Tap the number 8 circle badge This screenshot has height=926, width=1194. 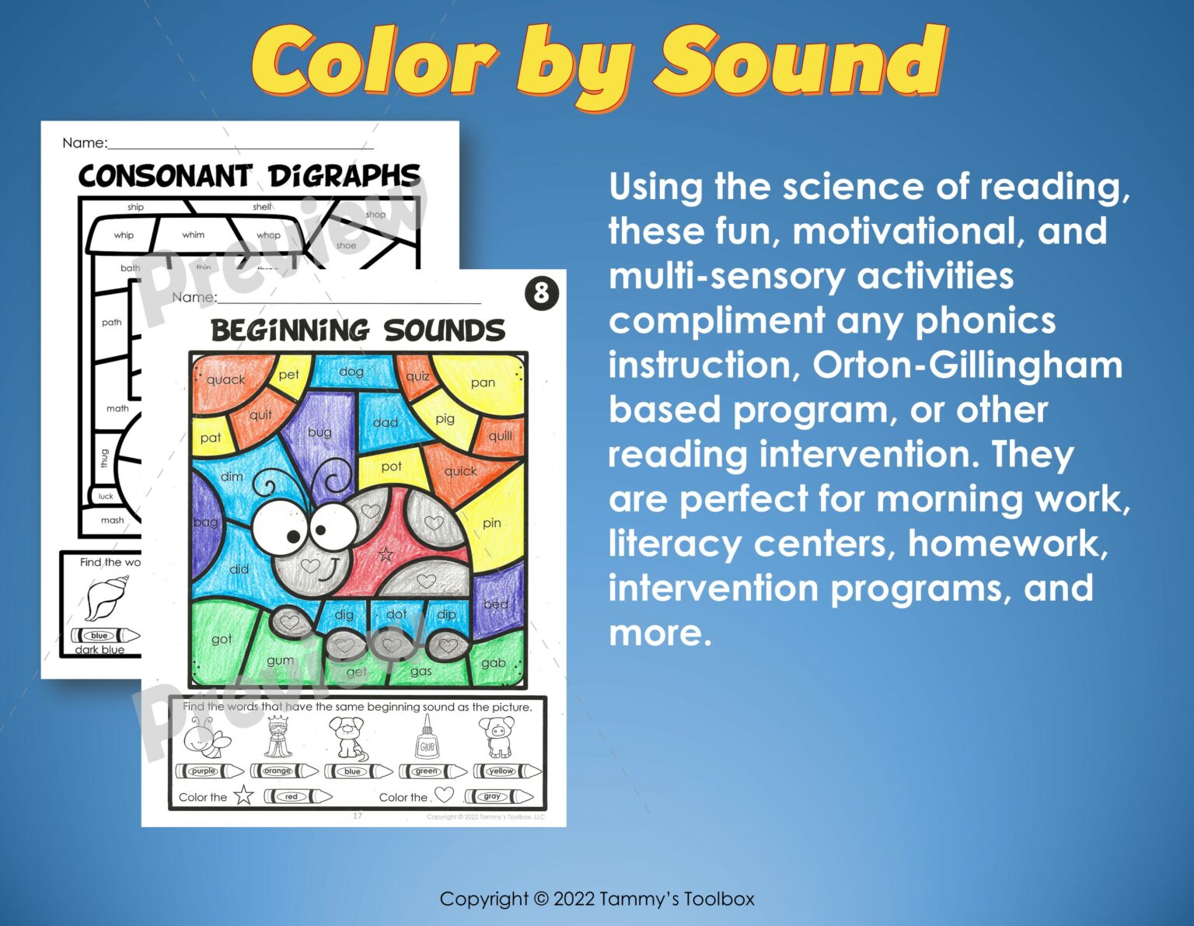(542, 293)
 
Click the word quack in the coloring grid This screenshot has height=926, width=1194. (225, 379)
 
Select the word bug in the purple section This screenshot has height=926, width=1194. (319, 432)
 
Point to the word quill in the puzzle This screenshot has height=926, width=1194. (500, 435)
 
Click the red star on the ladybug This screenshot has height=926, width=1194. (386, 554)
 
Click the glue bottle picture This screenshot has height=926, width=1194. (426, 738)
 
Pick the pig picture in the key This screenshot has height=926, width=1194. (496, 737)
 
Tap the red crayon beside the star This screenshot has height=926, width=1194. (297, 796)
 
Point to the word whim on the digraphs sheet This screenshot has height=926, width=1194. (194, 235)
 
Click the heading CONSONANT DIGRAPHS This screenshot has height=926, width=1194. (249, 176)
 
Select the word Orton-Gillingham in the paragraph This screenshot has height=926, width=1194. (967, 365)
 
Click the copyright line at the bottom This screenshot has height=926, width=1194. (597, 899)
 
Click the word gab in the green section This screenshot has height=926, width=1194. (493, 663)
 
